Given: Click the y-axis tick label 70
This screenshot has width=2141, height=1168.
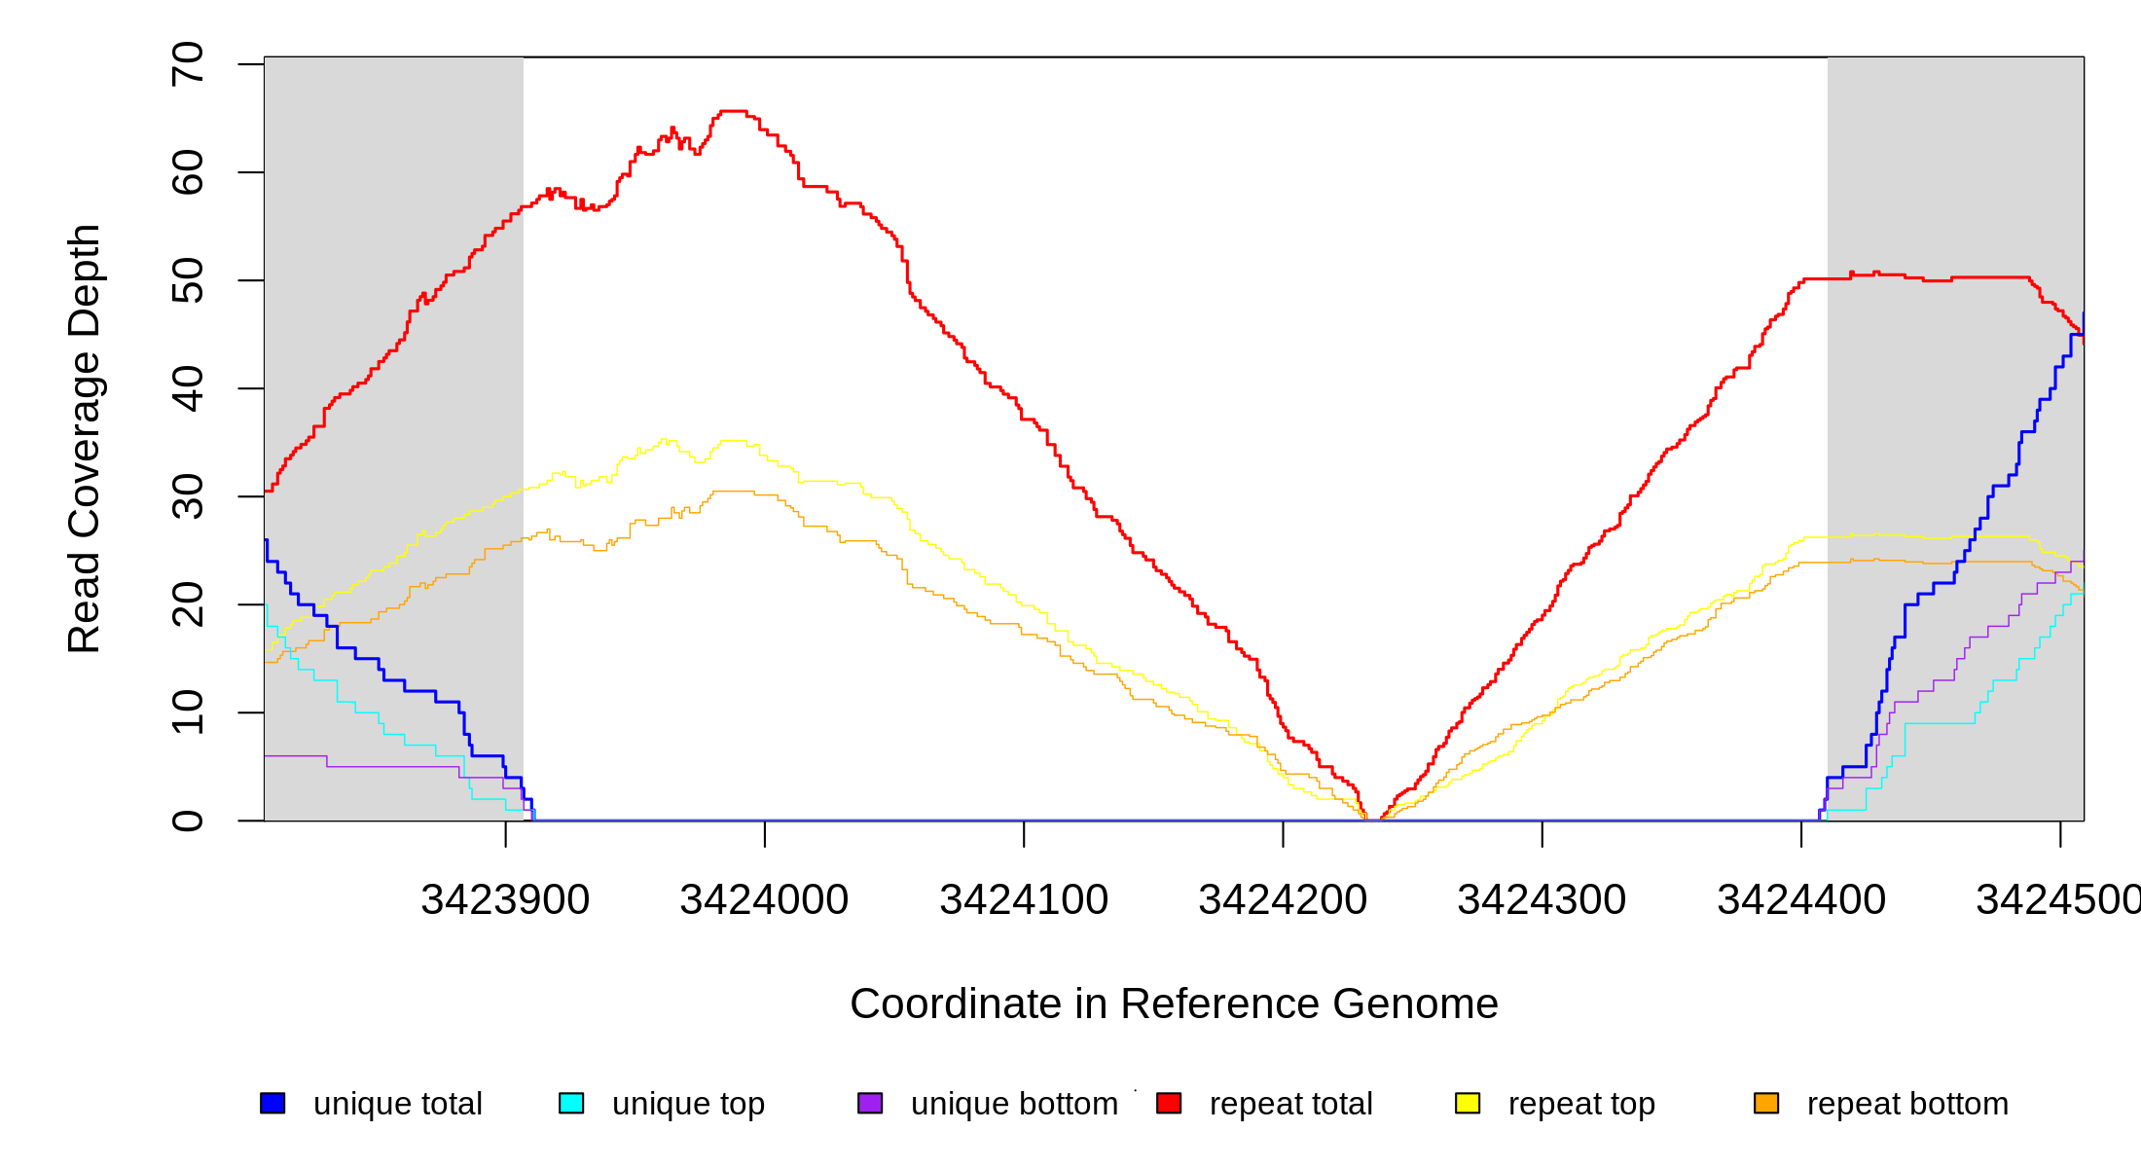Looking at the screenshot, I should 187,64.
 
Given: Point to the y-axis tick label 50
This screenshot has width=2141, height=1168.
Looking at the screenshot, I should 187,280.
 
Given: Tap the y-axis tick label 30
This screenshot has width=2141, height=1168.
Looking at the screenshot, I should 187,496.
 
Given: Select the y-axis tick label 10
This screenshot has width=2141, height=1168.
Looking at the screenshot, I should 187,712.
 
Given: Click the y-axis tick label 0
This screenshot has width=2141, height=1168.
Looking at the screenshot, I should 187,821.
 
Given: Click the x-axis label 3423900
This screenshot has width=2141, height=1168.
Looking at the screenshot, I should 505,900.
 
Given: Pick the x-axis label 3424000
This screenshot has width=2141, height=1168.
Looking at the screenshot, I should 764,900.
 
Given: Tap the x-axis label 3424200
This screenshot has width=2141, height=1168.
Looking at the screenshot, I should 1283,900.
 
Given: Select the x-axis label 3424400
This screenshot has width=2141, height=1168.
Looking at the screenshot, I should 1801,900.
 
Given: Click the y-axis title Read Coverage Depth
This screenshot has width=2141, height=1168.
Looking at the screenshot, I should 84,438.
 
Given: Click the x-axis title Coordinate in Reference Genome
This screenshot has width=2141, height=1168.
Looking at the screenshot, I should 1174,1004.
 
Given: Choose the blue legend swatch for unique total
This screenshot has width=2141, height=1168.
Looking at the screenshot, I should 272,1103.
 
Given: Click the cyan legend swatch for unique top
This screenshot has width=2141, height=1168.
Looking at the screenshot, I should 571,1103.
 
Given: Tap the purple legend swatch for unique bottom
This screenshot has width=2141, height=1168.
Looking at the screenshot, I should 870,1103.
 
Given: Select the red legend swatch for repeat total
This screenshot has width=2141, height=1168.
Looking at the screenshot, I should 1169,1103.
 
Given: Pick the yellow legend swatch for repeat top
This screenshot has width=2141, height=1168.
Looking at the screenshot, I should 1468,1103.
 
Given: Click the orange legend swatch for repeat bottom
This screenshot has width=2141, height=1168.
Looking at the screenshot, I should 1766,1103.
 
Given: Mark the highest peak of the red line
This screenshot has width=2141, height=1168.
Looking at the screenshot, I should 733,111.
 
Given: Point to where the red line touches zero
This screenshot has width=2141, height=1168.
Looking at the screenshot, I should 1373,820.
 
